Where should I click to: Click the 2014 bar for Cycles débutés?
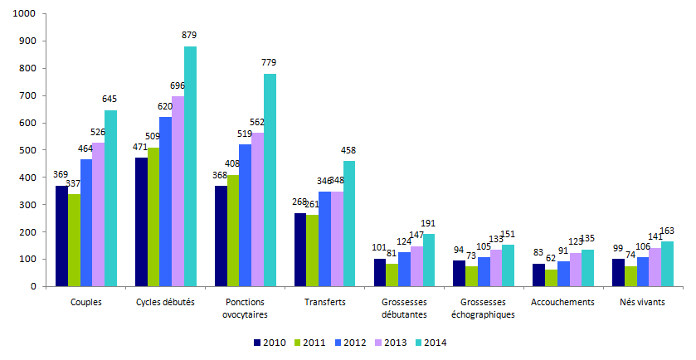click(x=190, y=166)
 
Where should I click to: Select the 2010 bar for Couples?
click(x=61, y=236)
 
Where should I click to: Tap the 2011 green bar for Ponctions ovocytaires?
click(x=232, y=231)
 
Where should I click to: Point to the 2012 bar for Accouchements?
click(x=563, y=274)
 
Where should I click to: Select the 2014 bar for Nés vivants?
click(x=667, y=264)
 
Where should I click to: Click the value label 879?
click(x=189, y=35)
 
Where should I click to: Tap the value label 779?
click(x=269, y=62)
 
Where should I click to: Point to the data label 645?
click(x=110, y=99)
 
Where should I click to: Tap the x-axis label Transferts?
click(x=325, y=302)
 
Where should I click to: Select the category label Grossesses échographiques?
click(x=484, y=308)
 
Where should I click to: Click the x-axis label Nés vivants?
click(x=643, y=302)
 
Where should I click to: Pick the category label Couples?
click(x=86, y=302)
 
